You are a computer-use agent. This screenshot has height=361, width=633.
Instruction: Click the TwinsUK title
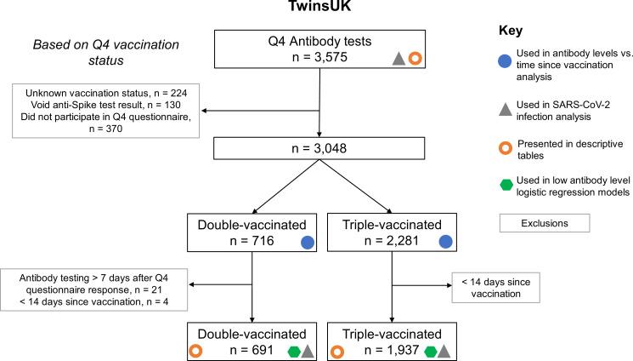tap(317, 9)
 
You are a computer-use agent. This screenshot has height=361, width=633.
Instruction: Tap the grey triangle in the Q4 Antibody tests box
tap(398, 59)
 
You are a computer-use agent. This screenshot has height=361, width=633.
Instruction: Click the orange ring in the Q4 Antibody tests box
tap(415, 59)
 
